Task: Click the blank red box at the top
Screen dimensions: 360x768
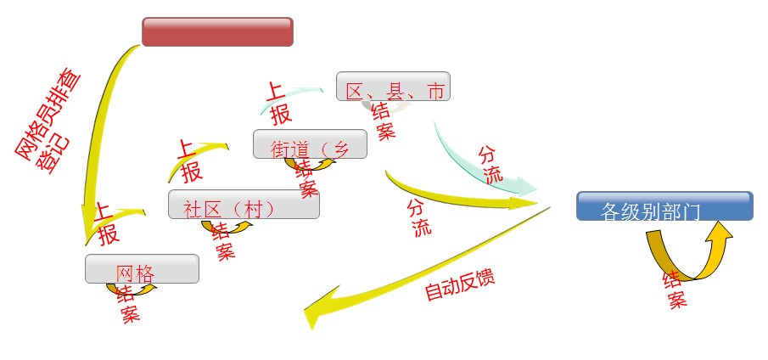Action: (217, 31)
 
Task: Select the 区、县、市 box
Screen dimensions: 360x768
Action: (393, 87)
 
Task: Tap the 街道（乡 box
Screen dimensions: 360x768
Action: (310, 144)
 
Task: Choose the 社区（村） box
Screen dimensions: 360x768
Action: (244, 204)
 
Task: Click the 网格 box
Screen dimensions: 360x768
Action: (142, 268)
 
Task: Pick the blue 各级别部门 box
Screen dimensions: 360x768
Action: (664, 206)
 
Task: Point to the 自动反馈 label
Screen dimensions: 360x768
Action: (459, 286)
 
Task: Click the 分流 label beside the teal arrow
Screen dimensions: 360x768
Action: (491, 164)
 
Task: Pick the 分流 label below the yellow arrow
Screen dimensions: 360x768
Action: (419, 217)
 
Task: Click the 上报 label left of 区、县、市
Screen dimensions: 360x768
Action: (279, 103)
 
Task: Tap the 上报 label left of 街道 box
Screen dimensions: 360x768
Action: (188, 160)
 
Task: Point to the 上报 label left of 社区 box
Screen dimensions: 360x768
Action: (107, 223)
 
